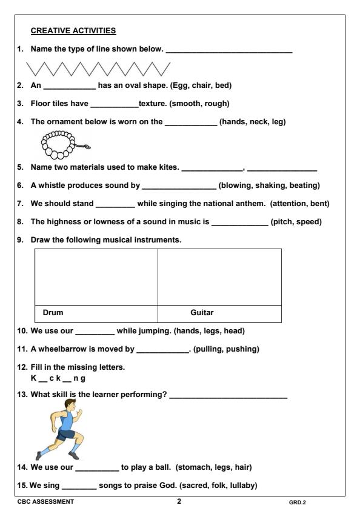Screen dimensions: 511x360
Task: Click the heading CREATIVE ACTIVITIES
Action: [x=73, y=30]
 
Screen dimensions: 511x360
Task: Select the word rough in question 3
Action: [x=214, y=104]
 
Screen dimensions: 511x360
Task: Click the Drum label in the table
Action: [x=53, y=313]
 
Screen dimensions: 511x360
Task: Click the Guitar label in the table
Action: [x=202, y=313]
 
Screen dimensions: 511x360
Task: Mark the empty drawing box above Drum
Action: [x=96, y=276]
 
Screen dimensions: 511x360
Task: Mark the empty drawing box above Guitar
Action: [x=219, y=276]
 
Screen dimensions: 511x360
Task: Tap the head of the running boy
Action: [x=68, y=412]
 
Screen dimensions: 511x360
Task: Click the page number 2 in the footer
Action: [x=179, y=501]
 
